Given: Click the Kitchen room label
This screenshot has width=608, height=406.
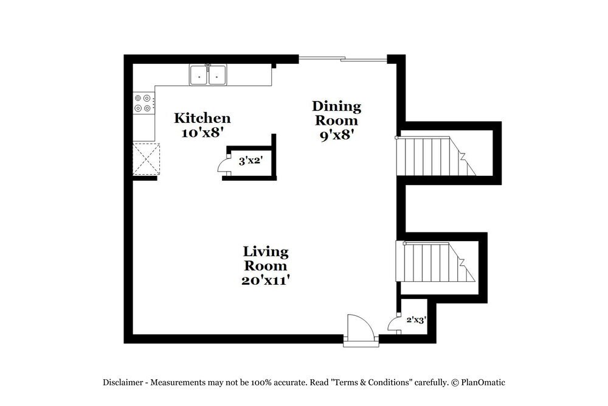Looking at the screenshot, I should click(x=202, y=118).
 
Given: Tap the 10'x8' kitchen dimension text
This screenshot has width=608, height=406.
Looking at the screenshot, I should click(x=202, y=133).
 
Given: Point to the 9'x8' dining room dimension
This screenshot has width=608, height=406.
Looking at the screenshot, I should click(x=336, y=135).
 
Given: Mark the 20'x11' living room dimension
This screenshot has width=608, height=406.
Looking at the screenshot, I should click(x=266, y=281).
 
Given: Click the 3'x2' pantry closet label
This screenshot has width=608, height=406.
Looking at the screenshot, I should click(x=249, y=161).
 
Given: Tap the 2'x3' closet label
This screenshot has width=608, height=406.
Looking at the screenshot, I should click(x=416, y=319).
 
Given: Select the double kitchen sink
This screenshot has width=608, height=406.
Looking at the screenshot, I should click(x=209, y=75).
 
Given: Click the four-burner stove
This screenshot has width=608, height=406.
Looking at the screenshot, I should click(x=143, y=103).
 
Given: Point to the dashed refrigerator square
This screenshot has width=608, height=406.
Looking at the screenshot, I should click(x=146, y=158).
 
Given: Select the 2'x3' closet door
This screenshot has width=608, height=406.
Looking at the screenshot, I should click(x=393, y=323).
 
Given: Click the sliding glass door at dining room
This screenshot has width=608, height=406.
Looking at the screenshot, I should click(x=343, y=60).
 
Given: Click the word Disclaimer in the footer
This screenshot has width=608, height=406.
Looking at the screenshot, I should click(x=123, y=383).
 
